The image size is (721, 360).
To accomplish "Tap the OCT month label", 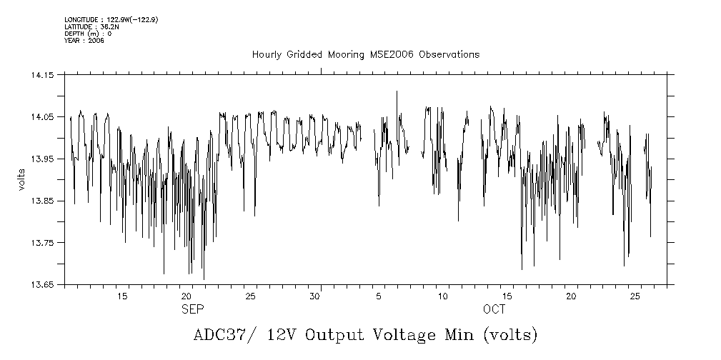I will [x=494, y=309].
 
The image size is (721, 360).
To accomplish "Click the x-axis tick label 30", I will [x=314, y=296].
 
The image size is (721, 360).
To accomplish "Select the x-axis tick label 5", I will [x=379, y=296].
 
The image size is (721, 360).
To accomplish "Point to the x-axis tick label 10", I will [x=443, y=296].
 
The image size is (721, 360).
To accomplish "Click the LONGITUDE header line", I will [x=111, y=19].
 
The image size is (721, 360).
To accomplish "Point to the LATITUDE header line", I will [x=90, y=26].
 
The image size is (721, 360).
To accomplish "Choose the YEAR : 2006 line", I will [x=84, y=41].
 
